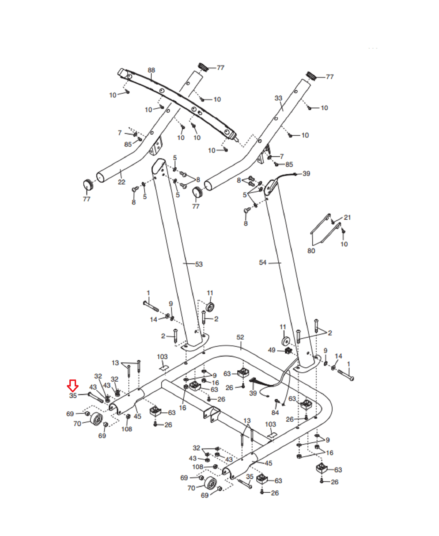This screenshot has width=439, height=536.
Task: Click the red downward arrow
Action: click(73, 385)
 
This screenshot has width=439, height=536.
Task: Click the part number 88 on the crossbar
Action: click(151, 70)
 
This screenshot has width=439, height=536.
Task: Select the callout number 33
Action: click(278, 98)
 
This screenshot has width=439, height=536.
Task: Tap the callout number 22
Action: click(121, 182)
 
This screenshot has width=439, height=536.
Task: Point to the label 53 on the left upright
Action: click(199, 264)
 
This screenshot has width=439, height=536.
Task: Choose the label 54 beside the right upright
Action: click(263, 262)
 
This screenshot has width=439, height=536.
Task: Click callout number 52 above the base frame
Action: click(240, 337)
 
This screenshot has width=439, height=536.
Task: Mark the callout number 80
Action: click(311, 251)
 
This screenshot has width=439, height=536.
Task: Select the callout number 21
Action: click(347, 217)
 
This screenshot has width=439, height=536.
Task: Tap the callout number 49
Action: click(272, 350)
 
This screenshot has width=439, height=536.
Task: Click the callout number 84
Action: click(275, 413)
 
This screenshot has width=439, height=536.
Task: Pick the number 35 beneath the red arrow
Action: click(73, 396)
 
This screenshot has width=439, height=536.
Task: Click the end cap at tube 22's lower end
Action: click(88, 185)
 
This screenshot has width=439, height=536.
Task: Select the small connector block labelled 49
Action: click(288, 350)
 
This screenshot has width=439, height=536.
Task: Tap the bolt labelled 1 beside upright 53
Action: click(151, 306)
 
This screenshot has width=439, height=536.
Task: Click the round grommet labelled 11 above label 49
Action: click(285, 341)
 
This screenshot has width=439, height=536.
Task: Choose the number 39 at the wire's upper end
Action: click(306, 173)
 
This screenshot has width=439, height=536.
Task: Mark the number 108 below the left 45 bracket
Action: click(127, 429)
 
